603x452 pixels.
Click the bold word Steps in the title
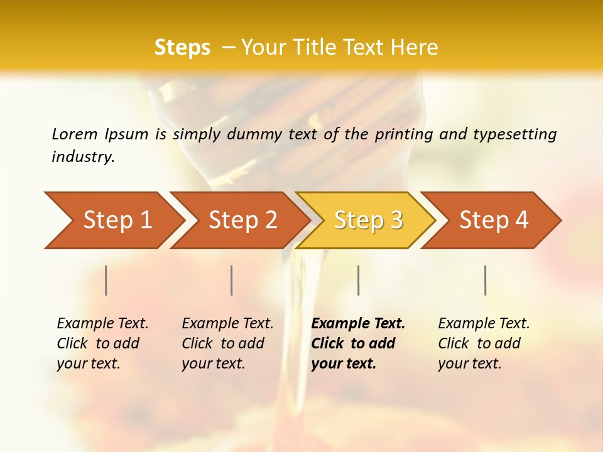(182, 48)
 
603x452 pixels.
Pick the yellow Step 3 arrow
(368, 220)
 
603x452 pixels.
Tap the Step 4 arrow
(494, 220)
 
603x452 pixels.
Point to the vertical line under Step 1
(106, 280)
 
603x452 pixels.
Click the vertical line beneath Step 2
(232, 280)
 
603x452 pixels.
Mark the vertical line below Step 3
(359, 280)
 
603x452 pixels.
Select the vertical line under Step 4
(486, 280)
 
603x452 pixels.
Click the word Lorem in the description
(75, 134)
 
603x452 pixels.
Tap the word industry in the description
(83, 157)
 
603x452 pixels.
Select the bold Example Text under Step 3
(358, 324)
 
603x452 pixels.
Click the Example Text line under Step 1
(102, 324)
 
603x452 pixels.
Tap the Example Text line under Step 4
(484, 324)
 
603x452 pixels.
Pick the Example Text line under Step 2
(227, 324)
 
